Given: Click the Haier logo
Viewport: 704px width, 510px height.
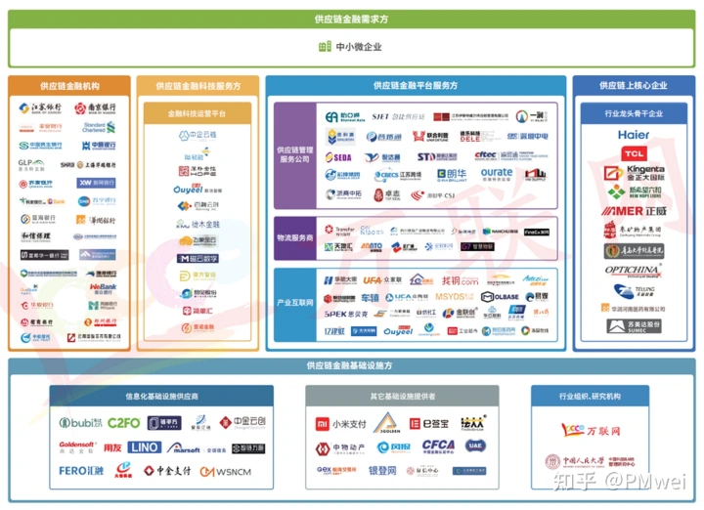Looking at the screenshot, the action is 633,135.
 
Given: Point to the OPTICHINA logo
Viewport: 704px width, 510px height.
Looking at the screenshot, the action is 633,270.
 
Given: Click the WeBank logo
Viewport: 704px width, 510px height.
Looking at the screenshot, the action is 103,288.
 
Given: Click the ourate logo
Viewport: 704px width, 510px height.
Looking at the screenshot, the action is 496,173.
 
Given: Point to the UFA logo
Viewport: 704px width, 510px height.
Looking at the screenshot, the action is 372,280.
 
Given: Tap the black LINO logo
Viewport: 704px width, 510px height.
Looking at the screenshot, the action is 144,447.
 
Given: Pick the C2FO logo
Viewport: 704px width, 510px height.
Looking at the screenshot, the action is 123,423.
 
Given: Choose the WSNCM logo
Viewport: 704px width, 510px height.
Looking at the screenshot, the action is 227,471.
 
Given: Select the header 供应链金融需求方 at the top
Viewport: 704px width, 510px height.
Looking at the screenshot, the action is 352,19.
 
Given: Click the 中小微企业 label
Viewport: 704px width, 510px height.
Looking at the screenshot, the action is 352,47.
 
